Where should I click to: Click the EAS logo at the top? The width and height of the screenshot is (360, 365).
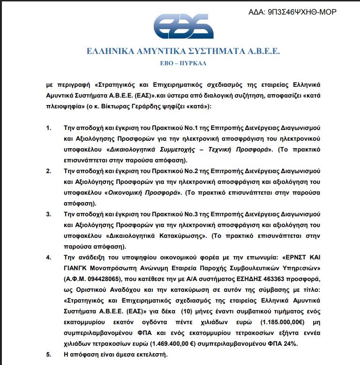click(183, 26)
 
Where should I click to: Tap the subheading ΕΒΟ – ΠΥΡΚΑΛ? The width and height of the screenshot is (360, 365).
click(183, 62)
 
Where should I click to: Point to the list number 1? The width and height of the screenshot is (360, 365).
click(49, 128)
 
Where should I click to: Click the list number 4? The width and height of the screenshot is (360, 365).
click(49, 258)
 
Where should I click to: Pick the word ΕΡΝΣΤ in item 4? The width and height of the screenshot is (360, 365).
click(294, 258)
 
